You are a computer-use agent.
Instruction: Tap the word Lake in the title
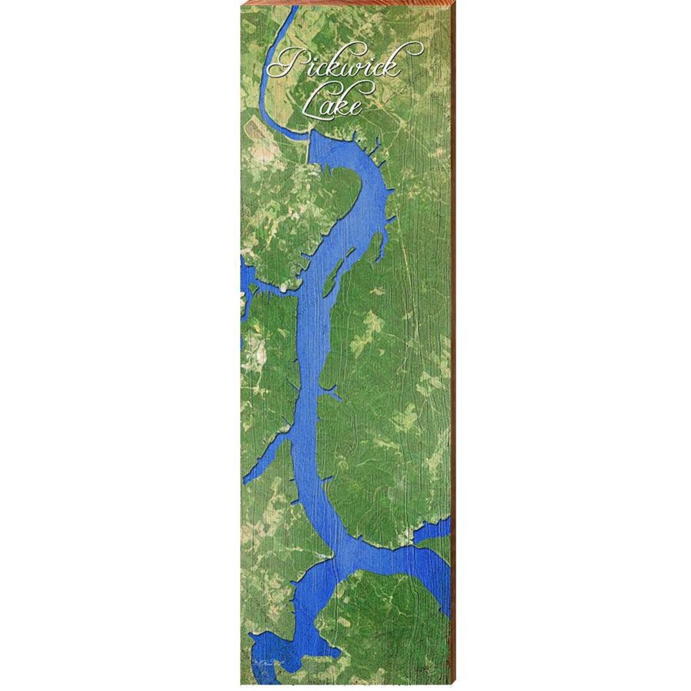(x=332, y=102)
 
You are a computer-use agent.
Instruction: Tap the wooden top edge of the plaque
(x=345, y=3)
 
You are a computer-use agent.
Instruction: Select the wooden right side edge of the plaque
(x=453, y=345)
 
